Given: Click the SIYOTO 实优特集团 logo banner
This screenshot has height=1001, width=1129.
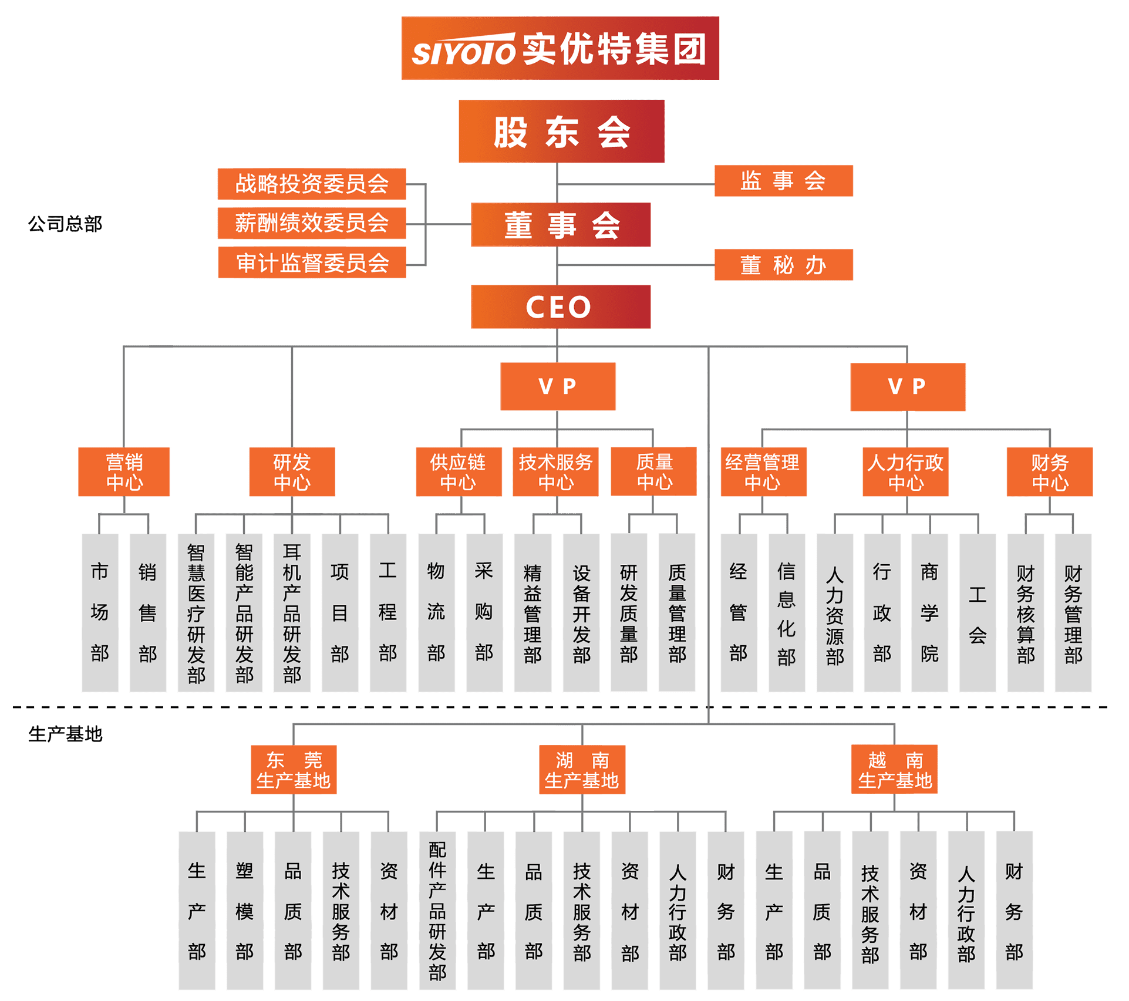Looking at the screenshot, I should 560,48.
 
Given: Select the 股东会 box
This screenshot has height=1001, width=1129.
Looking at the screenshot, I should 561,131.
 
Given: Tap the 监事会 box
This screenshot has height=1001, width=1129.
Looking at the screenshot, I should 783,180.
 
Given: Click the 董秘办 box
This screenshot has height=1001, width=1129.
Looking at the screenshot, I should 783,265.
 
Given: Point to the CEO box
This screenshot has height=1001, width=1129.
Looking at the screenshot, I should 560,306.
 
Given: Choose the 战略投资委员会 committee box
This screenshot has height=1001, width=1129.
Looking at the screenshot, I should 311,184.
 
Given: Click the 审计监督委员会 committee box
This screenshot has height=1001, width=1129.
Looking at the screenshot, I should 311,262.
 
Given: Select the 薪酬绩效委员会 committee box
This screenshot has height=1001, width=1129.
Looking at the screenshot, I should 311,223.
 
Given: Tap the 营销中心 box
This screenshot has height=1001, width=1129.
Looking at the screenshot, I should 124,472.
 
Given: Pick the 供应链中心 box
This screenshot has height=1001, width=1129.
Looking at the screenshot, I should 459,472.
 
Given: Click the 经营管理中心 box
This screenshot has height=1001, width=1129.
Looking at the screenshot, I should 763,472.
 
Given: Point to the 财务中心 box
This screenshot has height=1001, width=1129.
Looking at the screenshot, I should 1049,472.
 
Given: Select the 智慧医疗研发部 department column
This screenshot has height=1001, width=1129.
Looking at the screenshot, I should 196,612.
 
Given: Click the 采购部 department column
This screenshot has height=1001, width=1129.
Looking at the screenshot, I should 484,612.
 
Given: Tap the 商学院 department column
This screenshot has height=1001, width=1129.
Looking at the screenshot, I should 929,612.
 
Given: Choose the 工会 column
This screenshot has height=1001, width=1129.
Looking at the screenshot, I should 977,612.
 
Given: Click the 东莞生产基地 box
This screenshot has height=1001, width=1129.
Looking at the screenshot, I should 294,770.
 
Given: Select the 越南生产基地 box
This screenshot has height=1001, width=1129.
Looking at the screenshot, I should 894,770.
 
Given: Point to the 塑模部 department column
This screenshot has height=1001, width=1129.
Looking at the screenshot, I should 244,910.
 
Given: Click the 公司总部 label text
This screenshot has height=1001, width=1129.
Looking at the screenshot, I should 65,224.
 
